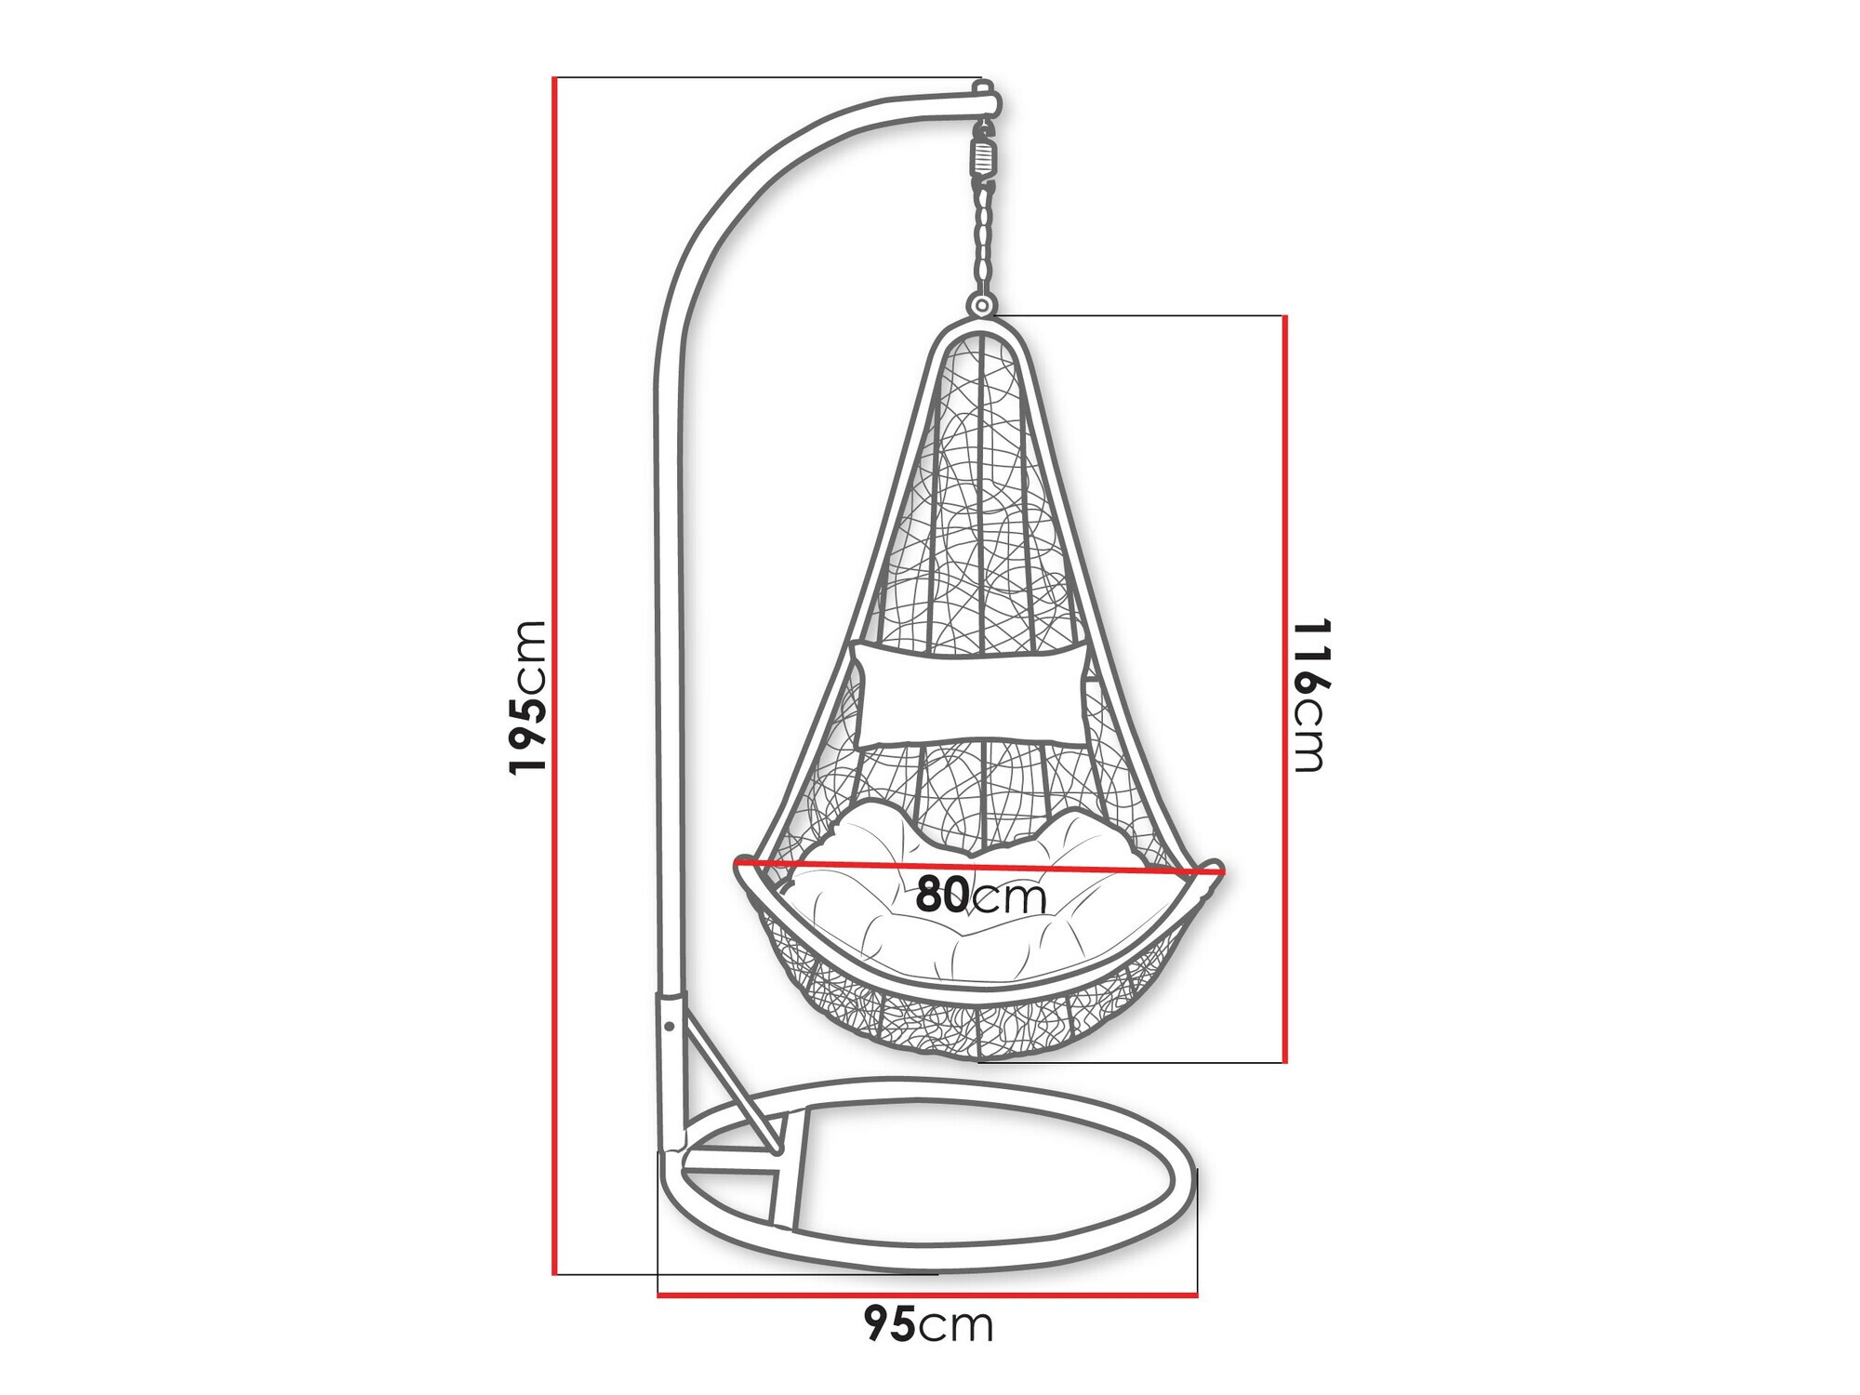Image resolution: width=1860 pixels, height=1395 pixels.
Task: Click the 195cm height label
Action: tap(527, 697)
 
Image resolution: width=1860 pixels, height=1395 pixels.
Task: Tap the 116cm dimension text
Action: tap(1309, 695)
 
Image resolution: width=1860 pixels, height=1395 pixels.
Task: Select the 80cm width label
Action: tap(980, 896)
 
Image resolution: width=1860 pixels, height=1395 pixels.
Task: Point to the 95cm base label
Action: tap(927, 1324)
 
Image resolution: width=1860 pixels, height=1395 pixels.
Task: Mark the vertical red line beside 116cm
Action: tap(1284, 688)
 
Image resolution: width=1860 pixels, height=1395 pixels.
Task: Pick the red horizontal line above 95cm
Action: tap(927, 1294)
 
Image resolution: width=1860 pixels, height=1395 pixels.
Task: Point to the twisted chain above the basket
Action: tap(982, 237)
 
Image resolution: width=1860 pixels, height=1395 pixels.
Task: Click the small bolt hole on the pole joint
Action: tap(668, 1027)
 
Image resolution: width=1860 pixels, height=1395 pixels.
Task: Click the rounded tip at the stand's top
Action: tap(987, 96)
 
